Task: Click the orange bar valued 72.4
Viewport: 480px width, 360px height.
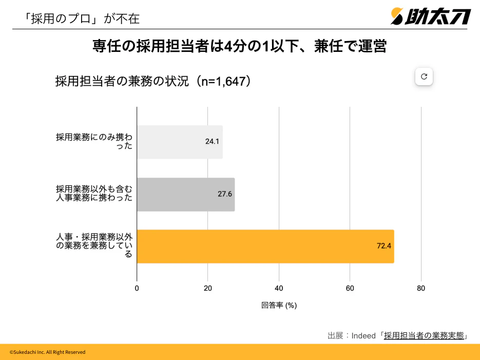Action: pyautogui.click(x=265, y=247)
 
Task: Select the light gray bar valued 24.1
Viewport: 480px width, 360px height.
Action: pyautogui.click(x=180, y=142)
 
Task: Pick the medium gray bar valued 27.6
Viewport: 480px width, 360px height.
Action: pyautogui.click(x=186, y=195)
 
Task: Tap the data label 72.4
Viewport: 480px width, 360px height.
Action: pyautogui.click(x=384, y=246)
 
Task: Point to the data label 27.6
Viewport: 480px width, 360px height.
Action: pyautogui.click(x=225, y=194)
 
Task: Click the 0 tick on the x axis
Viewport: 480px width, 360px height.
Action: pyautogui.click(x=137, y=288)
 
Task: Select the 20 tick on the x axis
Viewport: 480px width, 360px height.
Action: pyautogui.click(x=208, y=288)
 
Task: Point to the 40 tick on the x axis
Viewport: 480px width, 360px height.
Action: pyautogui.click(x=279, y=288)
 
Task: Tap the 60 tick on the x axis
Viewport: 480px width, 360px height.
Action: pyautogui.click(x=350, y=288)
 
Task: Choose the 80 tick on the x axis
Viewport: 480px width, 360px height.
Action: pyautogui.click(x=421, y=288)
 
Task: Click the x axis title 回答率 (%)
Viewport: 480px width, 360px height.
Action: pyautogui.click(x=279, y=305)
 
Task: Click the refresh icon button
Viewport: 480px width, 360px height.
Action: pyautogui.click(x=424, y=77)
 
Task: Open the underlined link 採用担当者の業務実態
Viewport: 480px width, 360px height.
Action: pyautogui.click(x=424, y=336)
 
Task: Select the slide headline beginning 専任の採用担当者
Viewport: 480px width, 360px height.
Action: pyautogui.click(x=239, y=47)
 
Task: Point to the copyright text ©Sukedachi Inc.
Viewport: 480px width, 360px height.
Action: pyautogui.click(x=47, y=352)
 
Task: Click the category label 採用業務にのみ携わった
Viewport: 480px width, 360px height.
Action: pyautogui.click(x=94, y=142)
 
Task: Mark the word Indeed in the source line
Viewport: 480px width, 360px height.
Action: pyautogui.click(x=363, y=336)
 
